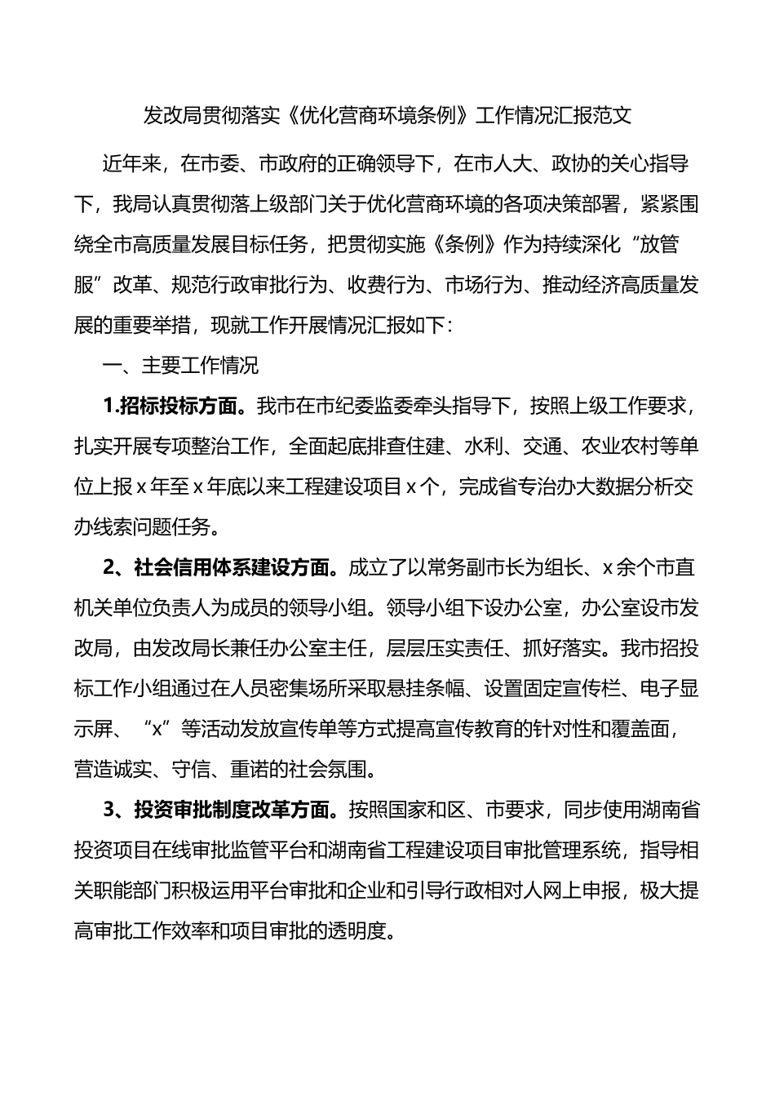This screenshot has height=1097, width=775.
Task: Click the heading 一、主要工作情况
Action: click(x=180, y=366)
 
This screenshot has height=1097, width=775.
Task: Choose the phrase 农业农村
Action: click(x=620, y=446)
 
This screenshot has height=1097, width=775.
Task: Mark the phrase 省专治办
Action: click(x=529, y=487)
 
